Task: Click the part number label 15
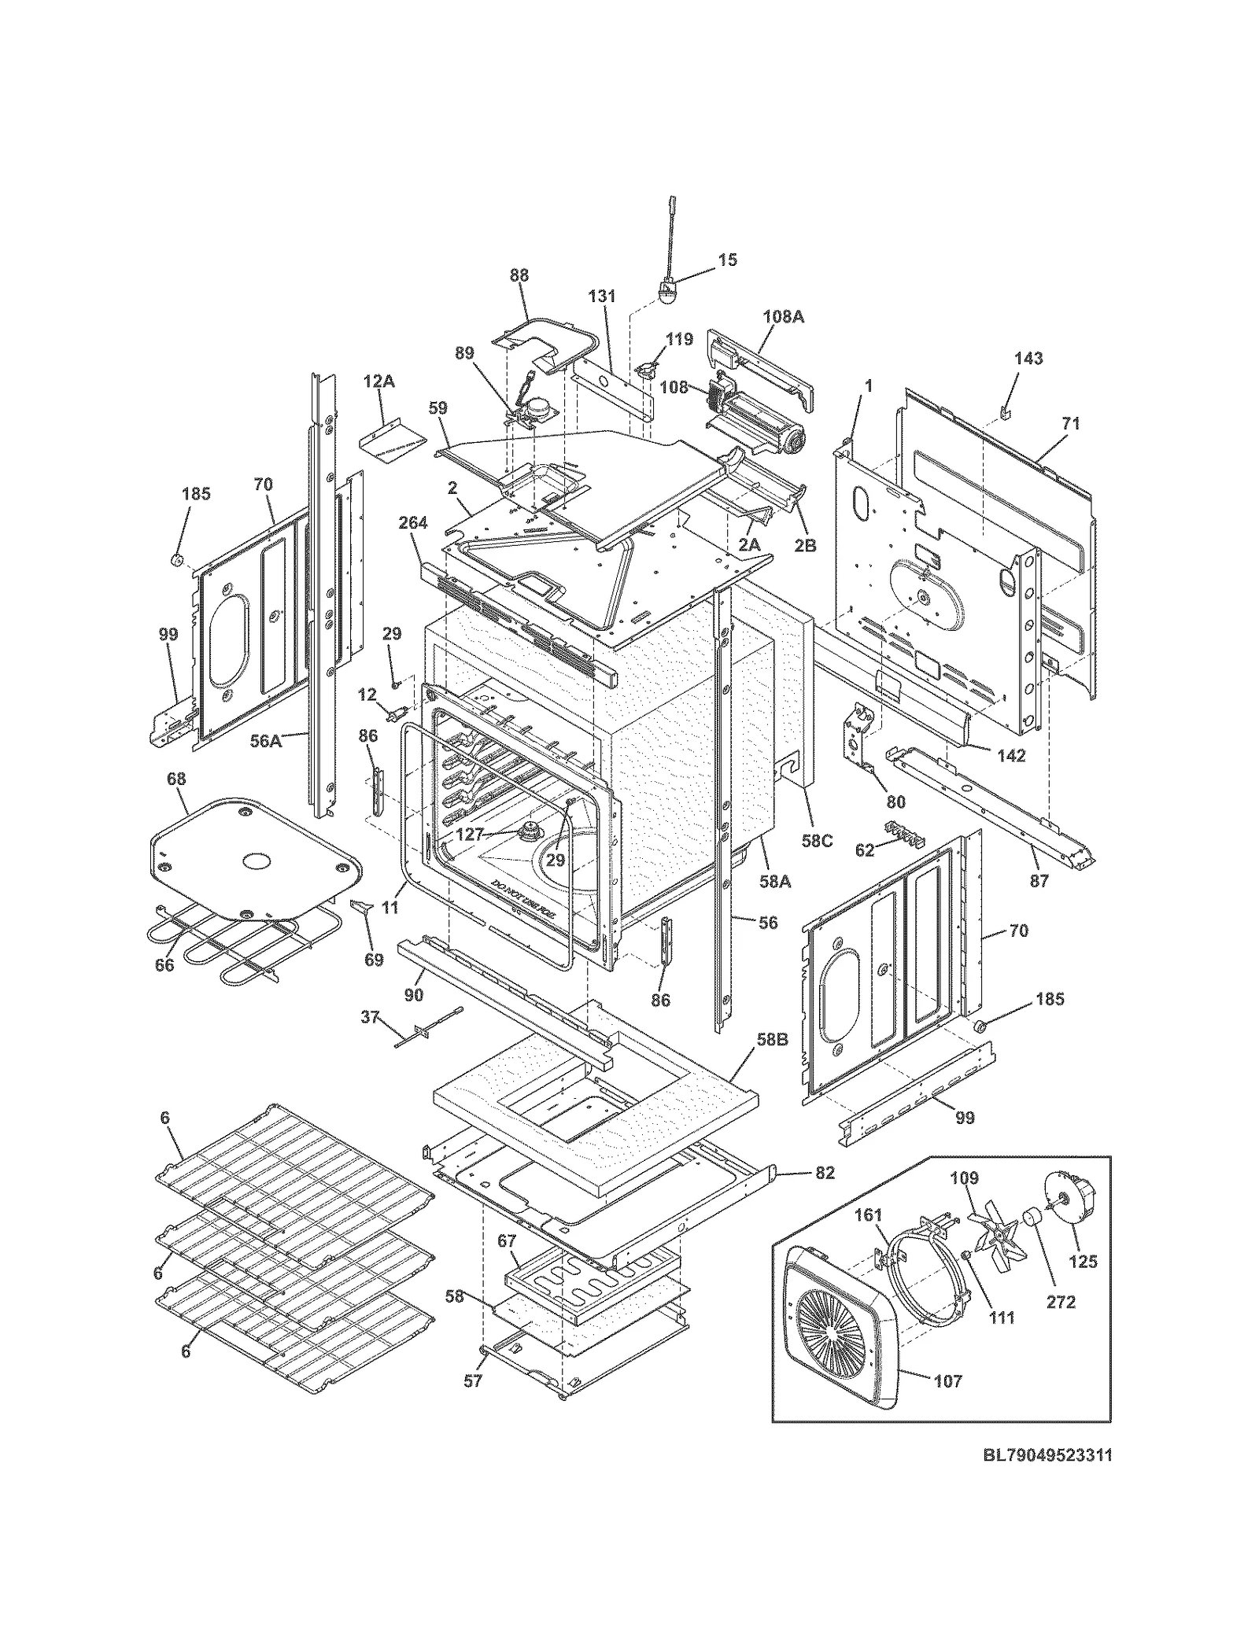point(728,260)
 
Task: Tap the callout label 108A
point(783,317)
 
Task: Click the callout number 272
point(1060,1302)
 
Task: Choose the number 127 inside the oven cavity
point(469,835)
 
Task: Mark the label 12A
point(378,381)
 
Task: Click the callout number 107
point(947,1380)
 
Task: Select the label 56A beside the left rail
point(265,740)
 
